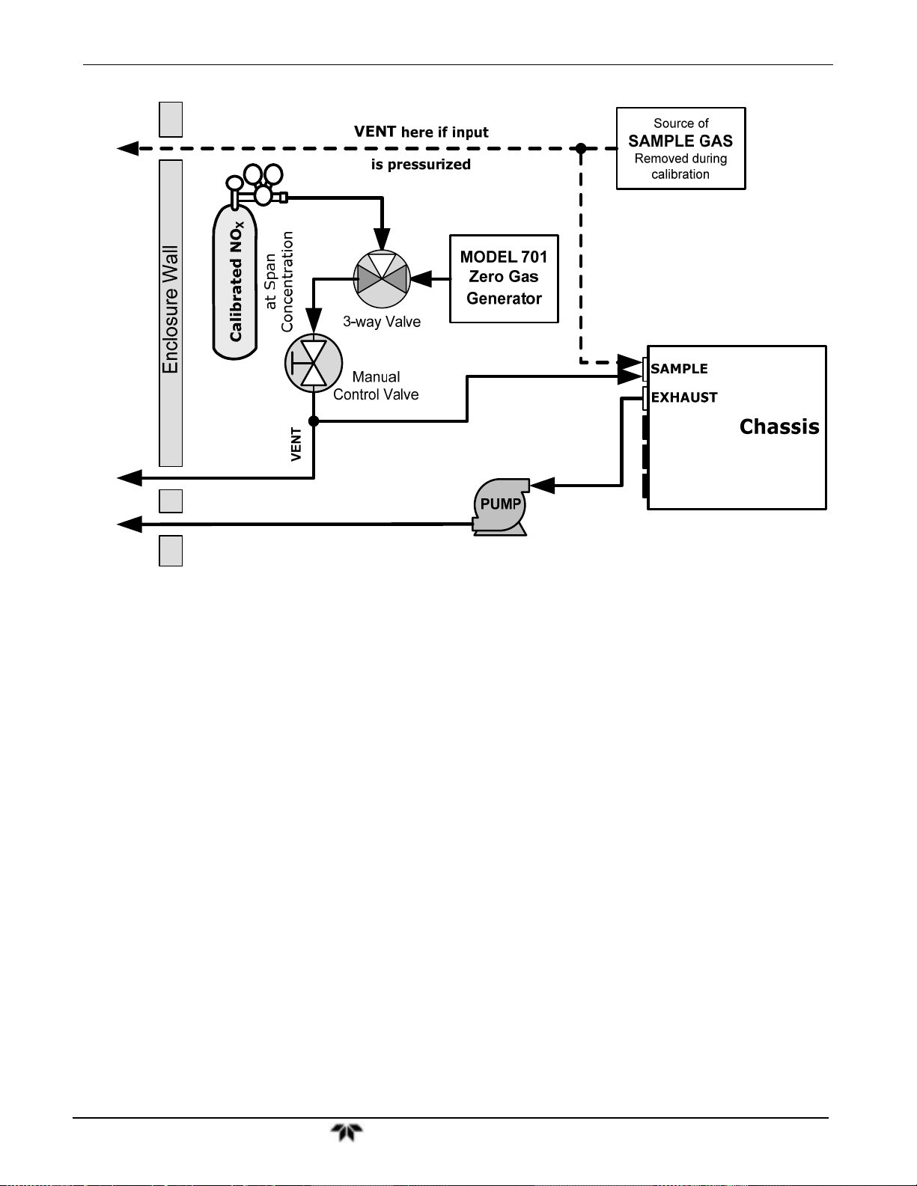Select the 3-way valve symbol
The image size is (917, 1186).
[382, 279]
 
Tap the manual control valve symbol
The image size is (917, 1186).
[314, 363]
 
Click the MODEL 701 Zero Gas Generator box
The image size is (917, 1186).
[504, 279]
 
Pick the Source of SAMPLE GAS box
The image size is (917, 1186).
[680, 148]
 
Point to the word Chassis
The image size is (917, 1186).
[779, 427]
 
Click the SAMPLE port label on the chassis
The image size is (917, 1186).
[679, 368]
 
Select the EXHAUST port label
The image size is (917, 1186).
[684, 397]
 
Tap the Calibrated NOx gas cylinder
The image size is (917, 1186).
[235, 281]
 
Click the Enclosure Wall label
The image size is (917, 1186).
[171, 310]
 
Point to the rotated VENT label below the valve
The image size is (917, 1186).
[296, 444]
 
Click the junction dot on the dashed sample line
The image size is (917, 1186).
[581, 148]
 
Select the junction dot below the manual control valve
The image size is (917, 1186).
[314, 421]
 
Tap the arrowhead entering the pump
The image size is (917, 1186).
[542, 485]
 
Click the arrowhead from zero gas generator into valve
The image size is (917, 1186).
[421, 279]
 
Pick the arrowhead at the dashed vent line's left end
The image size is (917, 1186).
[128, 148]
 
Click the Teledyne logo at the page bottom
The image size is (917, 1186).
[347, 1133]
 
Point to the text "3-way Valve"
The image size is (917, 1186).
[382, 322]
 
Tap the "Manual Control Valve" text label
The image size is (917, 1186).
[376, 385]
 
